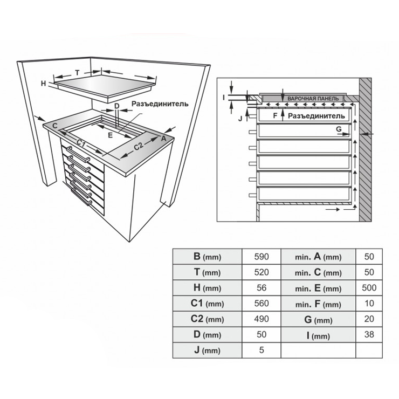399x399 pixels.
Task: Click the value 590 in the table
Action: pyautogui.click(x=261, y=257)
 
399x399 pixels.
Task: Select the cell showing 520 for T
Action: pyautogui.click(x=261, y=272)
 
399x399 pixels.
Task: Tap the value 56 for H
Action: pyautogui.click(x=261, y=288)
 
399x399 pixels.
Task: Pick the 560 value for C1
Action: pyautogui.click(x=261, y=304)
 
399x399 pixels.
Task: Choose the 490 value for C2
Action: pyautogui.click(x=261, y=319)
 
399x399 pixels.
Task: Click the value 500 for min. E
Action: pyautogui.click(x=369, y=288)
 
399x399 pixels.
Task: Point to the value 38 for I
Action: pyautogui.click(x=369, y=335)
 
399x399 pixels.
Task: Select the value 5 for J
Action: pyautogui.click(x=261, y=350)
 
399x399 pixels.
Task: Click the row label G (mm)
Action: pyautogui.click(x=318, y=319)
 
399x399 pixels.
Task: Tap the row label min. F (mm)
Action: pyautogui.click(x=318, y=304)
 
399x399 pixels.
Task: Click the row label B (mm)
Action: pyautogui.click(x=207, y=257)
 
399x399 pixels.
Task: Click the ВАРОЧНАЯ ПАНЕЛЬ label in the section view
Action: pyautogui.click(x=313, y=99)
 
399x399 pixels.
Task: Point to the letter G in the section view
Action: pyautogui.click(x=339, y=129)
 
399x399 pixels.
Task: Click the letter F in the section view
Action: pyautogui.click(x=275, y=115)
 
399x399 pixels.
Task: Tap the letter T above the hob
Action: pyautogui.click(x=77, y=72)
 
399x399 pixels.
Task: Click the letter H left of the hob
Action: pyautogui.click(x=44, y=83)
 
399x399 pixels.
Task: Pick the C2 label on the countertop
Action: pyautogui.click(x=138, y=146)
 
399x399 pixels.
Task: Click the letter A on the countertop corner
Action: pyautogui.click(x=163, y=138)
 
